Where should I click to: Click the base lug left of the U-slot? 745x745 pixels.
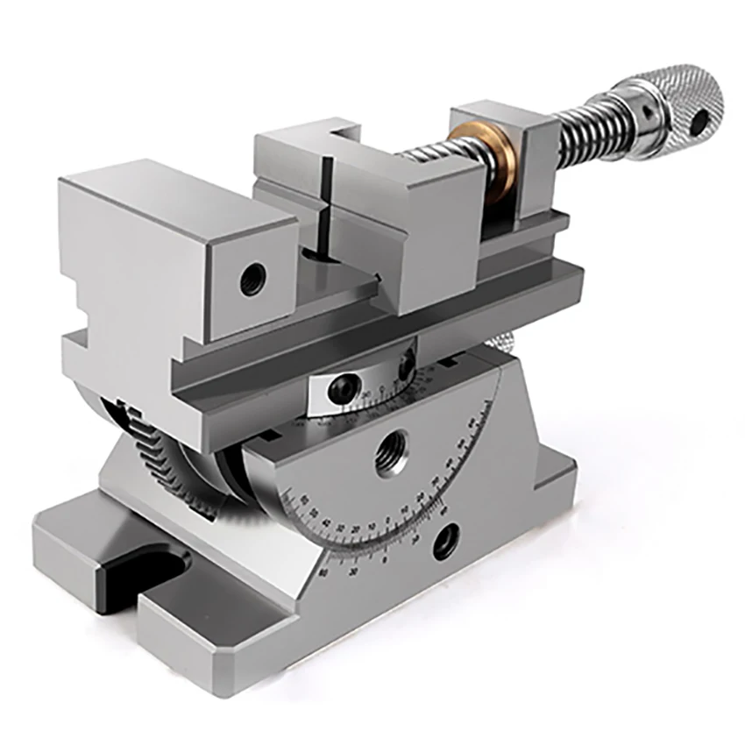tap(70, 543)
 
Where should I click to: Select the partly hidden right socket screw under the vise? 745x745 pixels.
tap(407, 366)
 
